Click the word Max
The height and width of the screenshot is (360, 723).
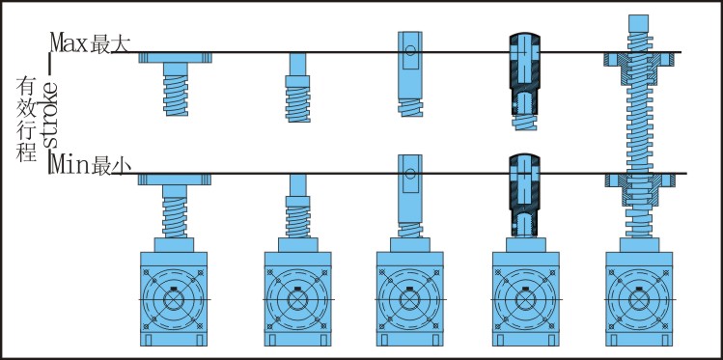point(69,42)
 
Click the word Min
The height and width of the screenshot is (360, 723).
point(69,165)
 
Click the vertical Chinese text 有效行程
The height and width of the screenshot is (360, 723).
point(26,119)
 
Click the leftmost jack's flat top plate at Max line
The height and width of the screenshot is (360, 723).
point(176,58)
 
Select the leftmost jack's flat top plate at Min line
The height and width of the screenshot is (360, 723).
point(175,180)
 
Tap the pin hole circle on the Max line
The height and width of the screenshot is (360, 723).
point(410,51)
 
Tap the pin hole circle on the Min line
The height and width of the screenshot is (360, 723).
point(410,174)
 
